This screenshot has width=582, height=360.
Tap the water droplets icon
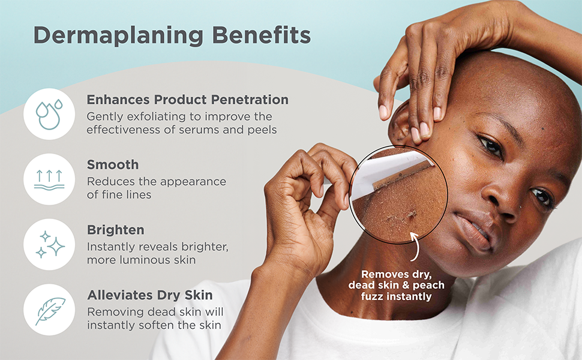[49, 114]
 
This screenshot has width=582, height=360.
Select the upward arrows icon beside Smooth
[49, 179]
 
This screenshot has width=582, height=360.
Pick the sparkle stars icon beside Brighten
[49, 244]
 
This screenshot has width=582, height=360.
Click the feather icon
[49, 310]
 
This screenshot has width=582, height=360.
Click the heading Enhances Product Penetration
[187, 100]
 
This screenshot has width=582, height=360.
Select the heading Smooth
[112, 164]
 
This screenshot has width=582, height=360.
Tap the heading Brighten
[115, 230]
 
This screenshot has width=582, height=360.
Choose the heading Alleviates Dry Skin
[149, 295]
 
